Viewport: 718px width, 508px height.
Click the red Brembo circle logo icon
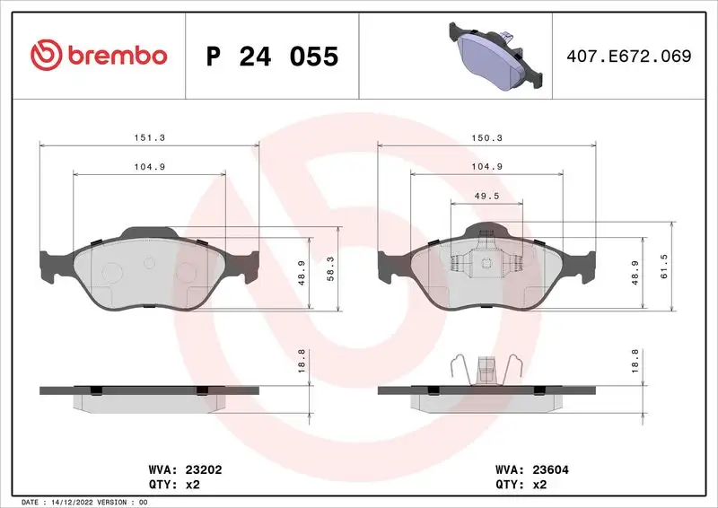(44, 56)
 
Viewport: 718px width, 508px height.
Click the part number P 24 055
(272, 57)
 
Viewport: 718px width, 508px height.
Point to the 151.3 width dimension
(148, 138)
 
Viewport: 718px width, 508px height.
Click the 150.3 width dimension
(486, 138)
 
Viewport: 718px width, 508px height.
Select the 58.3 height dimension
(330, 269)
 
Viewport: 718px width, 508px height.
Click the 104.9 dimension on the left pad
(148, 166)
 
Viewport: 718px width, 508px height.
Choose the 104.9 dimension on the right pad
(486, 166)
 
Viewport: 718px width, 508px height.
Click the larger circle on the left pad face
(112, 273)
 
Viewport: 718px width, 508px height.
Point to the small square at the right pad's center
(486, 264)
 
